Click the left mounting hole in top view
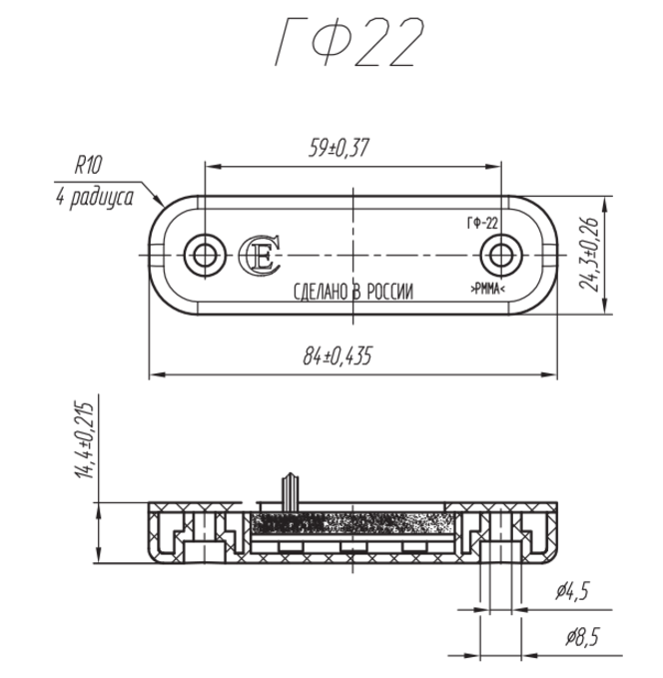click(x=205, y=255)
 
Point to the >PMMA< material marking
click(x=486, y=290)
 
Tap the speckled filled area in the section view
click(x=349, y=523)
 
